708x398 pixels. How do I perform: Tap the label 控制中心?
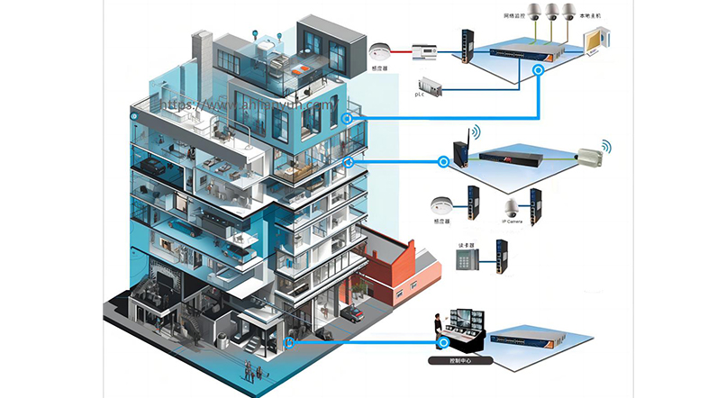click(x=462, y=361)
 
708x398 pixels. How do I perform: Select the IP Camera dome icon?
click(x=512, y=206)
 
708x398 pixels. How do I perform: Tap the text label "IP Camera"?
click(x=513, y=220)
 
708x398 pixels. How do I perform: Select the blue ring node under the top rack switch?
click(x=539, y=77)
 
